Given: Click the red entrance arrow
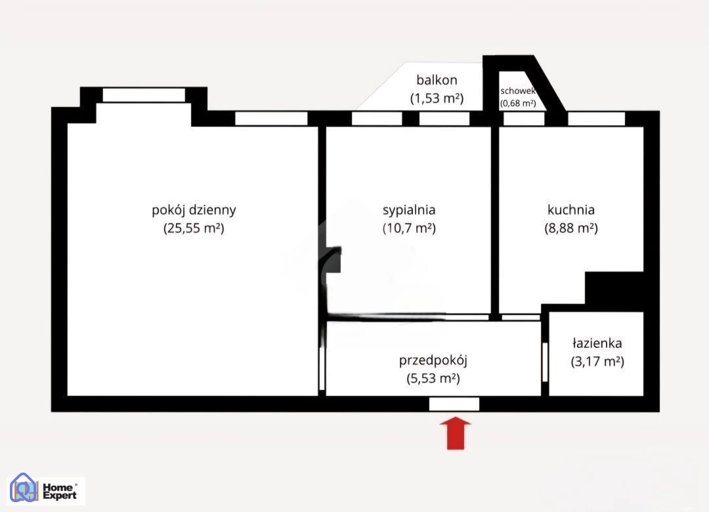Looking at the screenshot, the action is click(456, 433).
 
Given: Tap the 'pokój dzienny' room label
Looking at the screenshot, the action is click(194, 210).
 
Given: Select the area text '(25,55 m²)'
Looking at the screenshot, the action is click(194, 228).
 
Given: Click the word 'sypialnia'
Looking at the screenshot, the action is click(409, 210).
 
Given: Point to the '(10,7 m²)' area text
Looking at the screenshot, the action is click(409, 228).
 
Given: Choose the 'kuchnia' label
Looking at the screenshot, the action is click(570, 210).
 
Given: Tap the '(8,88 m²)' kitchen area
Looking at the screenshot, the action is click(571, 228).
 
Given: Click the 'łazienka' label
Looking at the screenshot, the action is click(597, 343).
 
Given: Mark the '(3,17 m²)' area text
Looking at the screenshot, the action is click(597, 362).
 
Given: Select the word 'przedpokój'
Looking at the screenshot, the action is click(433, 360).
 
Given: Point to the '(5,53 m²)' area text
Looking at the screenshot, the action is click(433, 378).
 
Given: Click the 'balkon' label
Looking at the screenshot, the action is click(437, 80).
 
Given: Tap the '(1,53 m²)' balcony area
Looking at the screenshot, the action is click(437, 98).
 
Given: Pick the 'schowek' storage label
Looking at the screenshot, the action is click(518, 91).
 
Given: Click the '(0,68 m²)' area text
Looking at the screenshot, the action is click(518, 103).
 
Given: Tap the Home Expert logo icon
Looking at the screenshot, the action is click(24, 488).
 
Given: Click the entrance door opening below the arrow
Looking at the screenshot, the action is click(454, 404).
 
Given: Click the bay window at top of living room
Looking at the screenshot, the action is click(144, 95).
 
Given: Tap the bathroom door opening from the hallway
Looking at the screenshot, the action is click(545, 362).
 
